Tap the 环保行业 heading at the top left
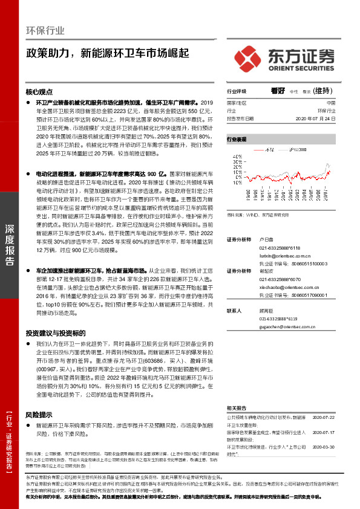click(x=45, y=31)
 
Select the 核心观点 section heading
click(x=39, y=92)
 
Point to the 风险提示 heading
click(x=39, y=415)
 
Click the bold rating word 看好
click(x=278, y=91)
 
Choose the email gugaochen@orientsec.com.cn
click(x=284, y=326)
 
